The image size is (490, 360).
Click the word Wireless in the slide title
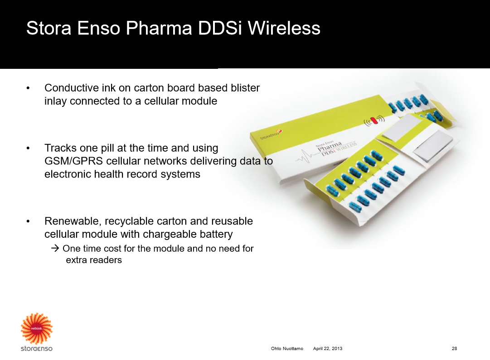pos(284,28)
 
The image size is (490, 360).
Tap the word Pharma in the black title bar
pos(159,28)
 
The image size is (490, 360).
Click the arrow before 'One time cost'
pos(55,249)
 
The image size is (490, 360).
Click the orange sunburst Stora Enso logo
pos(37,328)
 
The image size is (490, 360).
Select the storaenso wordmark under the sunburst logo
pos(37,348)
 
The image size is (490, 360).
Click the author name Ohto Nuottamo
pos(287,348)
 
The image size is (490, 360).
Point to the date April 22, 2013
pos(328,348)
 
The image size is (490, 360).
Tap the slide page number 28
pos(454,348)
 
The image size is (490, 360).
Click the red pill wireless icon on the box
pos(374,120)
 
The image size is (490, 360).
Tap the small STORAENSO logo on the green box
pos(271,134)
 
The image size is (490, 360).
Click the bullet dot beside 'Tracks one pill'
pos(28,149)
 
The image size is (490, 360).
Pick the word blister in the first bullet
pos(245,88)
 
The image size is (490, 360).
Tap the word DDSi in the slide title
pos(220,28)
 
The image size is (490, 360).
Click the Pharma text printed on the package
pos(330,146)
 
